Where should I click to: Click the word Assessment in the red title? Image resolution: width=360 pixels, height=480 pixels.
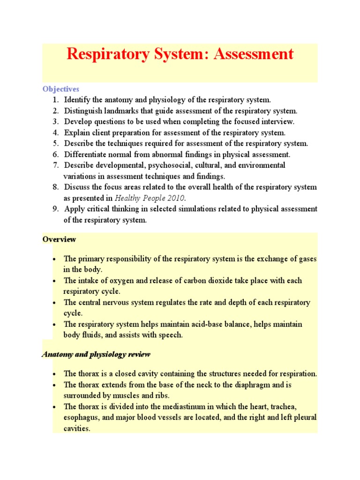coord(254,54)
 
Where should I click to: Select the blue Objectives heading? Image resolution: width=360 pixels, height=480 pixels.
coord(61,89)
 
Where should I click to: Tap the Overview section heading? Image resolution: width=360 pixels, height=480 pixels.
coord(59,239)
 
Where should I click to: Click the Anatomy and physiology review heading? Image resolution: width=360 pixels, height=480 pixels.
coord(96,354)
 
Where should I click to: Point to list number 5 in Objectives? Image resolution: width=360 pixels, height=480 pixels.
coord(56,143)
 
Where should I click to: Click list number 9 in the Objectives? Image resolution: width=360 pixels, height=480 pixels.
coord(56,209)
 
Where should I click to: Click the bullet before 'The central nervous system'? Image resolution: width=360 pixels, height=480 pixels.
coord(55,303)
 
